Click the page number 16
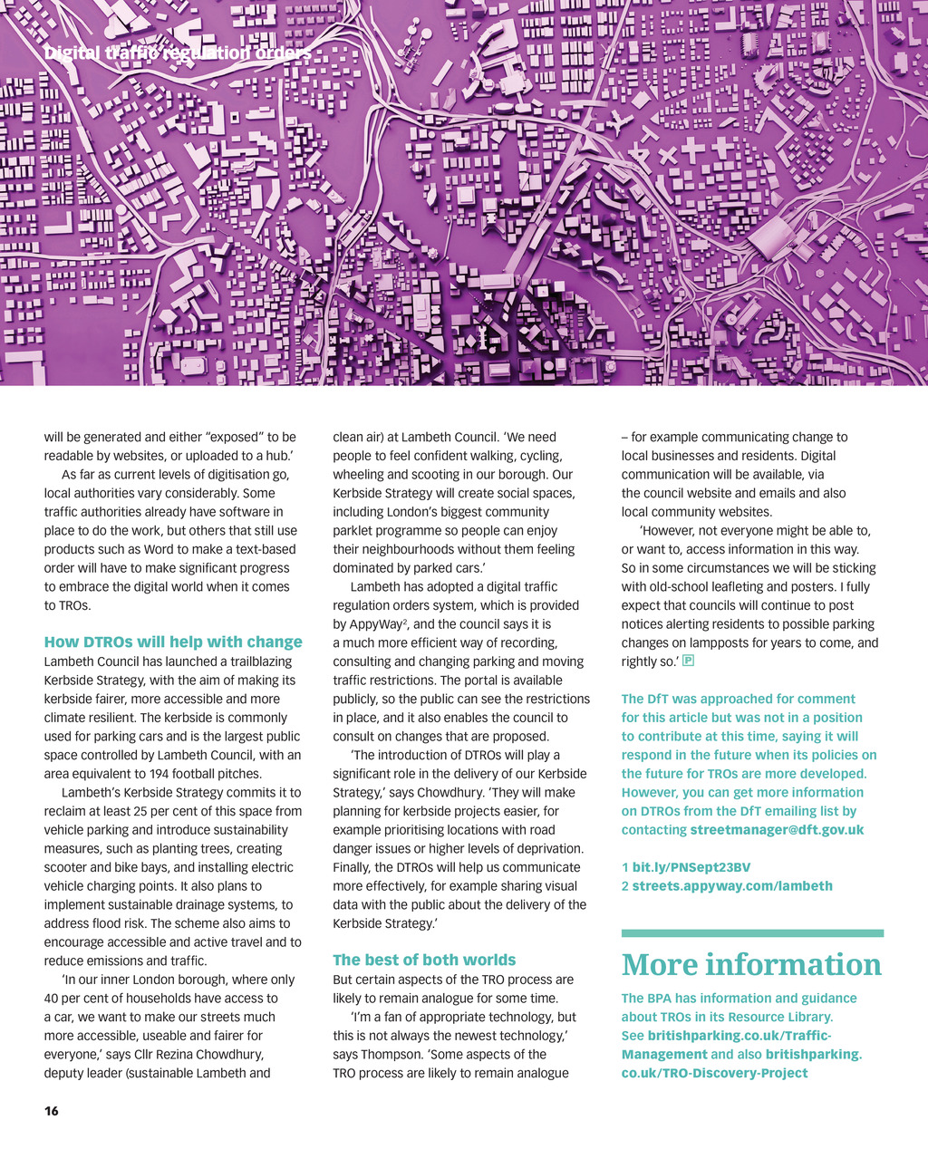pyautogui.click(x=52, y=1110)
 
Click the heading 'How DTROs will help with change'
pyautogui.click(x=173, y=642)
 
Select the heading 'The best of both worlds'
pyautogui.click(x=424, y=960)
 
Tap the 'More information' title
pyautogui.click(x=751, y=964)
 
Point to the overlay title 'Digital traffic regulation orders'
pyautogui.click(x=178, y=53)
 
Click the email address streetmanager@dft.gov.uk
pyautogui.click(x=777, y=830)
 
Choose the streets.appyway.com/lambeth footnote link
pyautogui.click(x=732, y=886)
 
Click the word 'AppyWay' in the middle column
pyautogui.click(x=380, y=624)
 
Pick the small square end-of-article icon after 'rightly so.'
pyautogui.click(x=689, y=661)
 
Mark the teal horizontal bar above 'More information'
pyautogui.click(x=752, y=932)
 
